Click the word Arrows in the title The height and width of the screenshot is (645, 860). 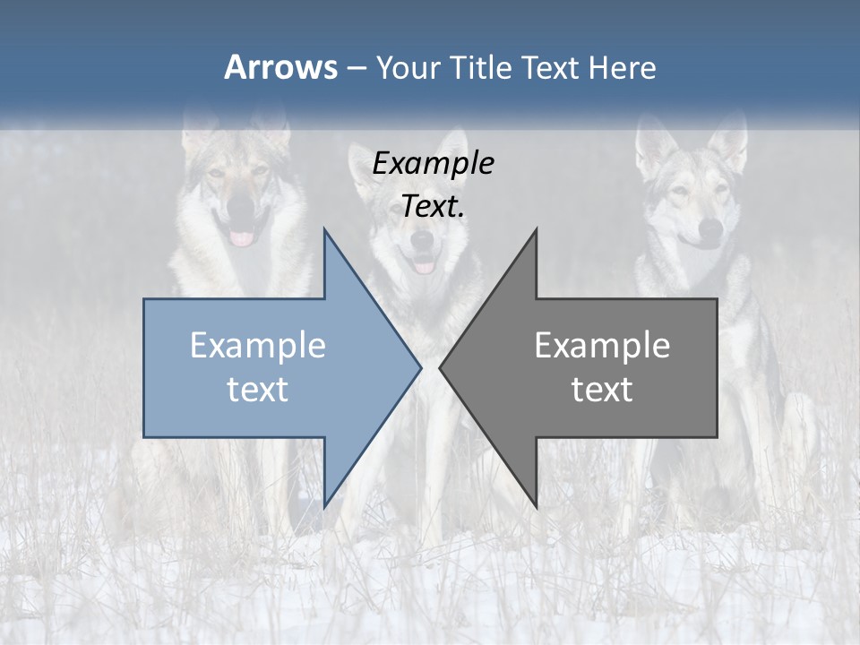[280, 67]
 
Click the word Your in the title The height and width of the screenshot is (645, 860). [408, 68]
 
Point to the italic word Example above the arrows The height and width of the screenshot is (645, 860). [433, 164]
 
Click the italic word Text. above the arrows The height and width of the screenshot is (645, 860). [433, 206]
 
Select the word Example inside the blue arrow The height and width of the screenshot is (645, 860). [258, 345]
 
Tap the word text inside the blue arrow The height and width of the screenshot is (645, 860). [258, 389]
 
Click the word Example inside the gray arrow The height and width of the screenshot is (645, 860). [602, 345]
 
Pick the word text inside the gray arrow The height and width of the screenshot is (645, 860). [602, 389]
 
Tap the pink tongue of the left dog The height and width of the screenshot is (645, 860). [243, 238]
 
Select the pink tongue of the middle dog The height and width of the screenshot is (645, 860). [424, 265]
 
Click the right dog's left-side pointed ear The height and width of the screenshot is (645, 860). [652, 139]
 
